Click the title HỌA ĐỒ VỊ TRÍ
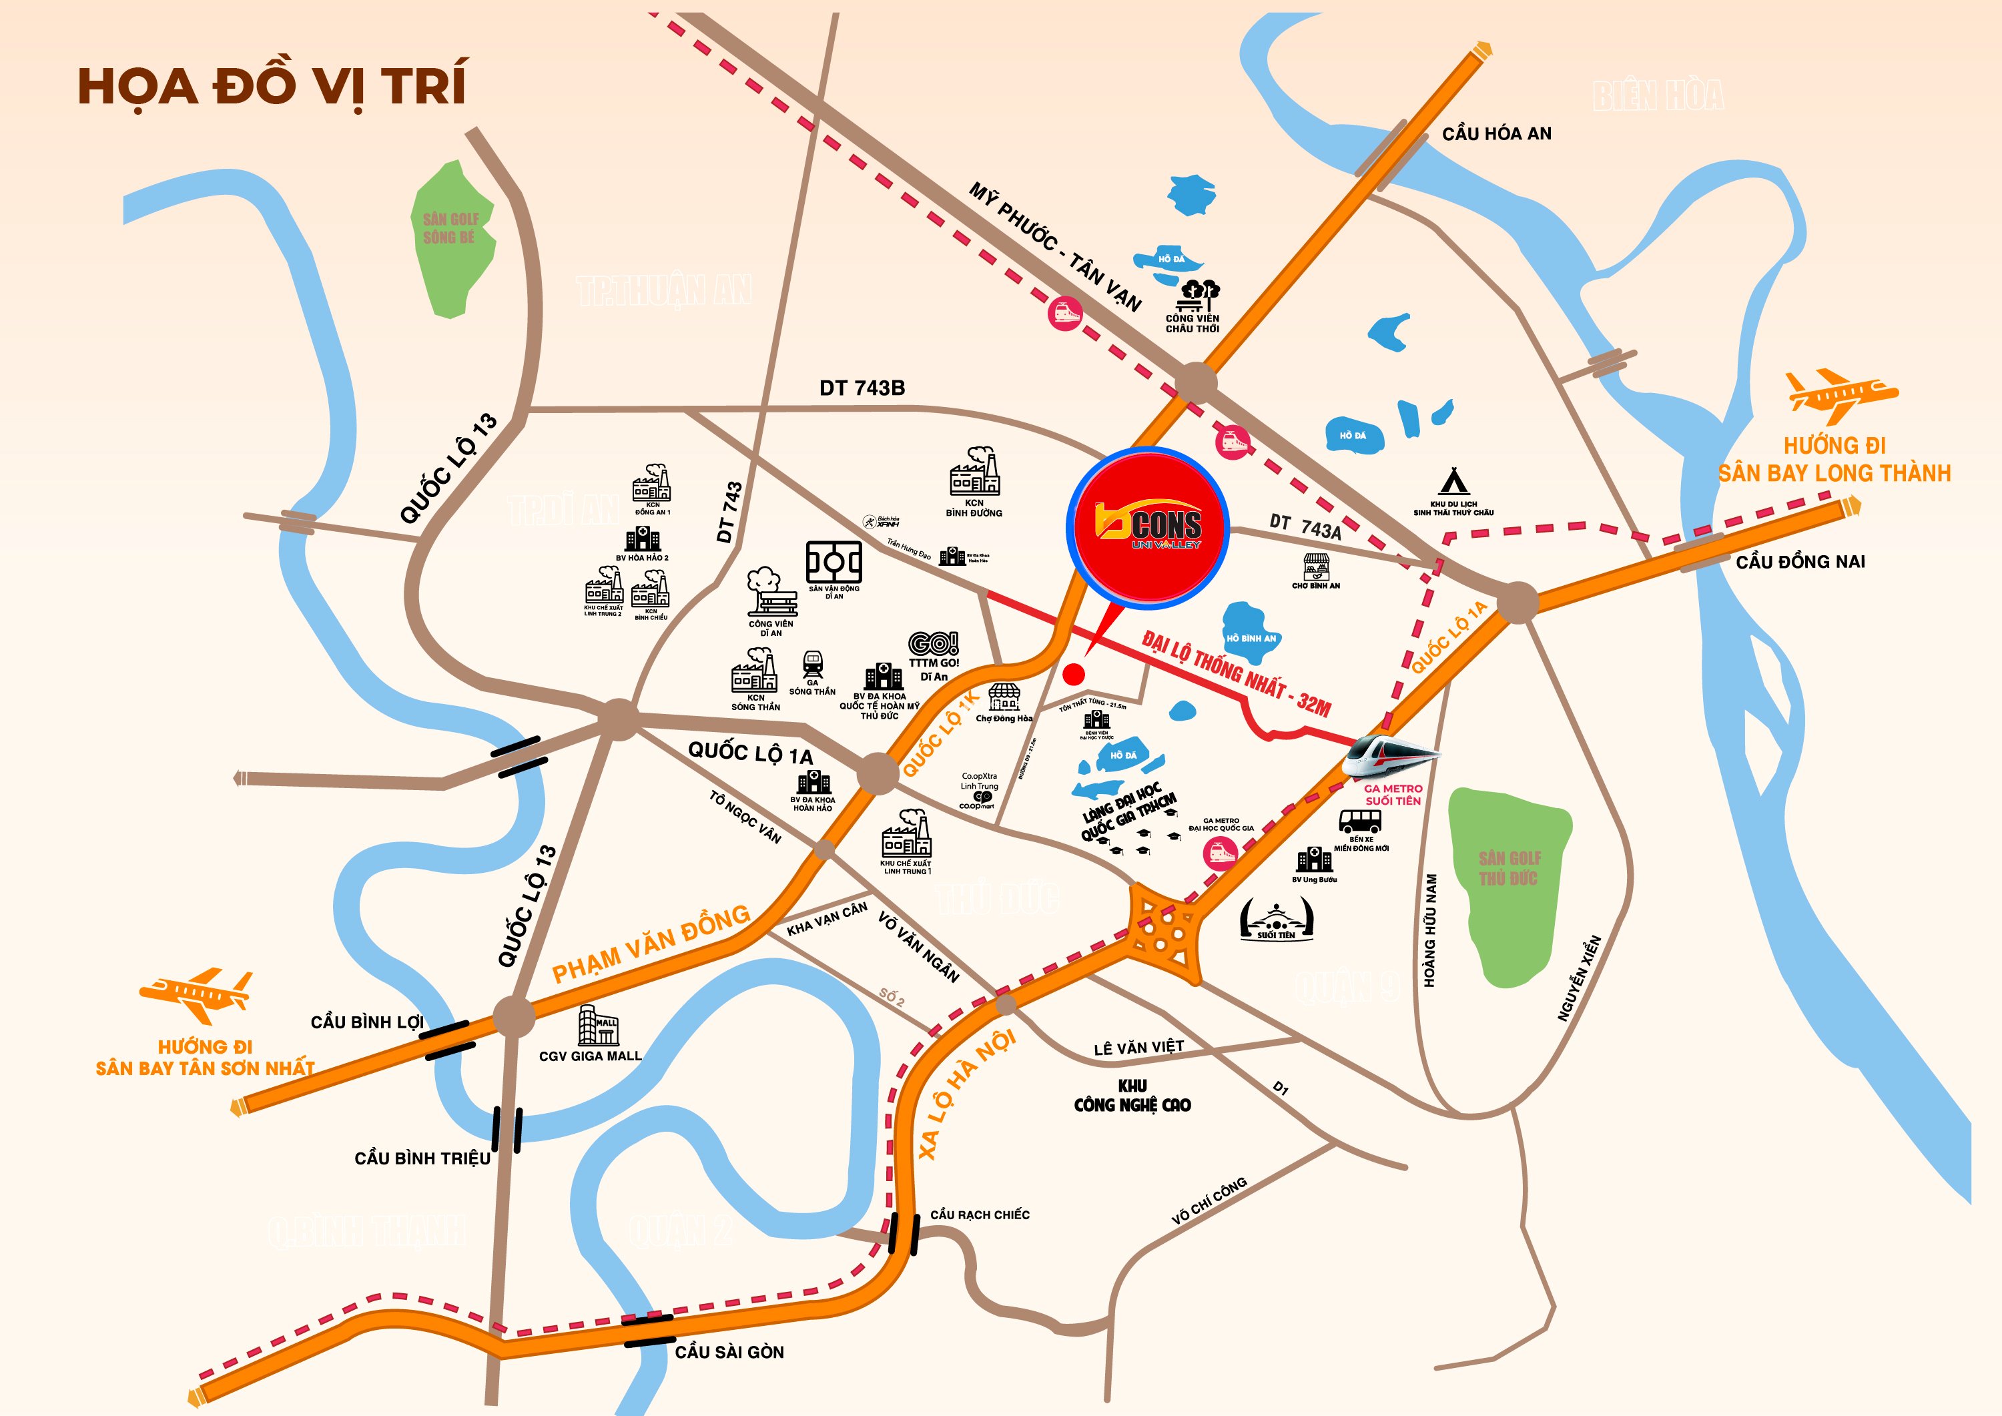(272, 85)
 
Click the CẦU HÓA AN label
(1496, 133)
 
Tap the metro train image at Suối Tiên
(1390, 755)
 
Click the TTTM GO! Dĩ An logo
(933, 643)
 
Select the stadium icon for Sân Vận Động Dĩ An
(833, 563)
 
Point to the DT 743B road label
(862, 388)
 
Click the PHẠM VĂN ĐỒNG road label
(651, 944)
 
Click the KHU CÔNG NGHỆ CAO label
(1132, 1096)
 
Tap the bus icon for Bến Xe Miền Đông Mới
(1359, 821)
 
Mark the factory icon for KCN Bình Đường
(974, 472)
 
